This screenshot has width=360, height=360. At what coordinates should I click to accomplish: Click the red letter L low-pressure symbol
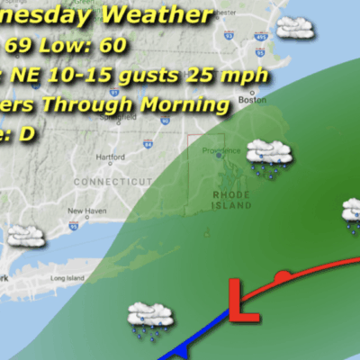tap(238, 300)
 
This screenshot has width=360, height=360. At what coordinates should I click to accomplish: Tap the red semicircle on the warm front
tap(283, 274)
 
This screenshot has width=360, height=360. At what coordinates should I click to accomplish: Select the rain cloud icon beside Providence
tap(269, 154)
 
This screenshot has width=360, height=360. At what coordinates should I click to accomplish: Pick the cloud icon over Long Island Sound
tap(25, 233)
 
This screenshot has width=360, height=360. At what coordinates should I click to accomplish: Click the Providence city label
tap(220, 150)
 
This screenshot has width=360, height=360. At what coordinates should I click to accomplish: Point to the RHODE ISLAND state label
tap(229, 200)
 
